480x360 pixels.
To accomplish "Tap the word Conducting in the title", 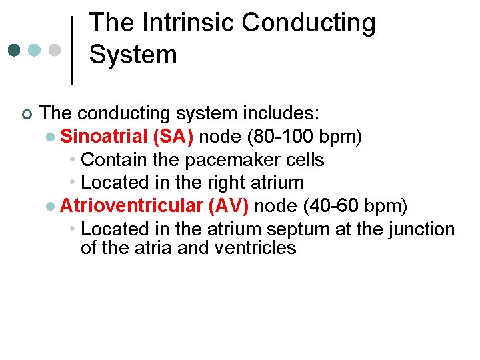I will tap(308, 23).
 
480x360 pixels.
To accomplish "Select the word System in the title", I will tap(133, 55).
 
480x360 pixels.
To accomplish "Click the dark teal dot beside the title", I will tap(15, 50).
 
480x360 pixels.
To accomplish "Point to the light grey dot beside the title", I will tap(56, 50).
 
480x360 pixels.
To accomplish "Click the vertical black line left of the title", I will tap(72, 49).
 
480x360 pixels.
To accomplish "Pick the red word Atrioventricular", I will tap(131, 205).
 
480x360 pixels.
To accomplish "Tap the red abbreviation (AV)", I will tap(229, 205).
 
